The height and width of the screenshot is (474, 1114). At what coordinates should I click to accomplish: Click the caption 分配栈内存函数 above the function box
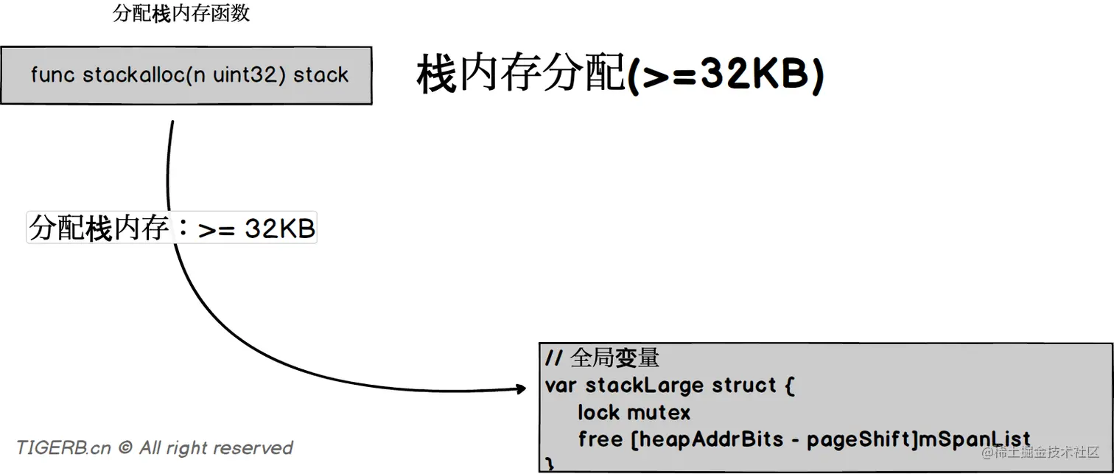click(181, 14)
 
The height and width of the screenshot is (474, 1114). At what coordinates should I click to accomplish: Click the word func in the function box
click(53, 75)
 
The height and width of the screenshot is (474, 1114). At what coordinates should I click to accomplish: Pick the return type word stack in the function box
click(321, 75)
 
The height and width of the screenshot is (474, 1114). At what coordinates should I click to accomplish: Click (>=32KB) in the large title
click(725, 75)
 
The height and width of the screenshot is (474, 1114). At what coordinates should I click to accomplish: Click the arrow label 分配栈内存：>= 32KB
click(172, 229)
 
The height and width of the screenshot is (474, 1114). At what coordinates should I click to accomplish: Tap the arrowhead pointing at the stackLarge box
click(521, 388)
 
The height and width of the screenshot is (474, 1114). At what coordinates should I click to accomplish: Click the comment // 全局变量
click(602, 358)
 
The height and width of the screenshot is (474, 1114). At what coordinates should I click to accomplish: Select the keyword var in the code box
click(561, 386)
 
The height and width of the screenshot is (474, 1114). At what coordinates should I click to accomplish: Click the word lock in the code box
click(598, 412)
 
